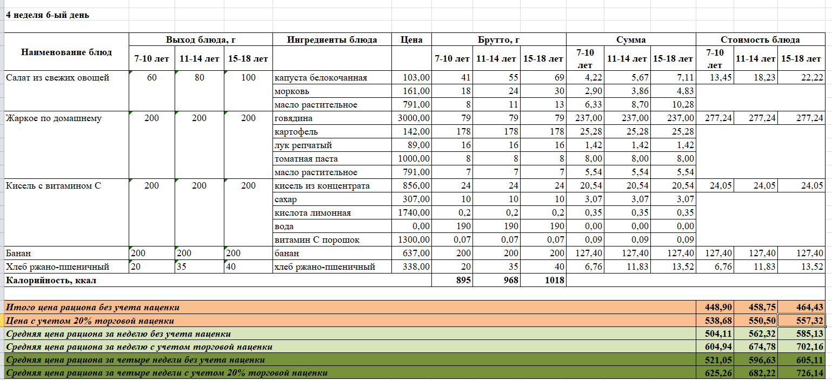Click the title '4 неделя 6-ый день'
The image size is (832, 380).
tap(48, 15)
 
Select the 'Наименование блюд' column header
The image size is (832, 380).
tap(66, 52)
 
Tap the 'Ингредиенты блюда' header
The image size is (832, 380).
tap(332, 39)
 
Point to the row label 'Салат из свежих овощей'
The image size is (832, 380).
tap(58, 78)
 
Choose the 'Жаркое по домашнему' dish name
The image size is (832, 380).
tap(54, 118)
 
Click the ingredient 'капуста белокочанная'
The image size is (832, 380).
tap(321, 78)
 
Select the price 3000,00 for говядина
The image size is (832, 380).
tap(414, 118)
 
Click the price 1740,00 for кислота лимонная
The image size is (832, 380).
tap(414, 213)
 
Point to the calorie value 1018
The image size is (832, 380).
tap(554, 280)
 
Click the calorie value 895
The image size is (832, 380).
tap(463, 280)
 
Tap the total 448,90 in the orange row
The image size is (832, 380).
tap(718, 307)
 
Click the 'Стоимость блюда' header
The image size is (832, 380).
tap(760, 39)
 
